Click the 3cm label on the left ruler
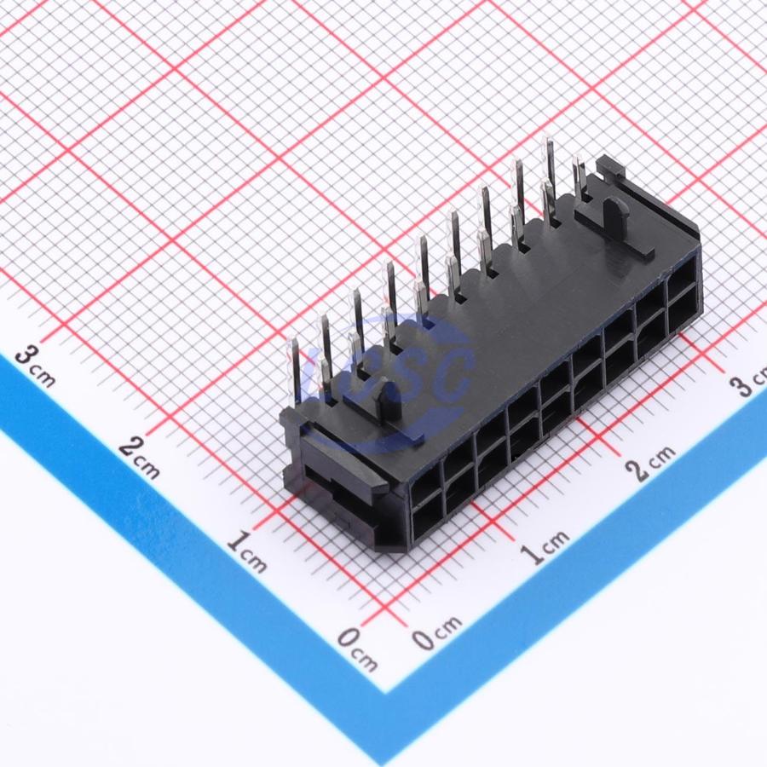click(x=34, y=366)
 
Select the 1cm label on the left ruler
click(x=248, y=552)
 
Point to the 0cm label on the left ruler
click(x=358, y=649)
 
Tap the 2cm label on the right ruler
click(x=651, y=463)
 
